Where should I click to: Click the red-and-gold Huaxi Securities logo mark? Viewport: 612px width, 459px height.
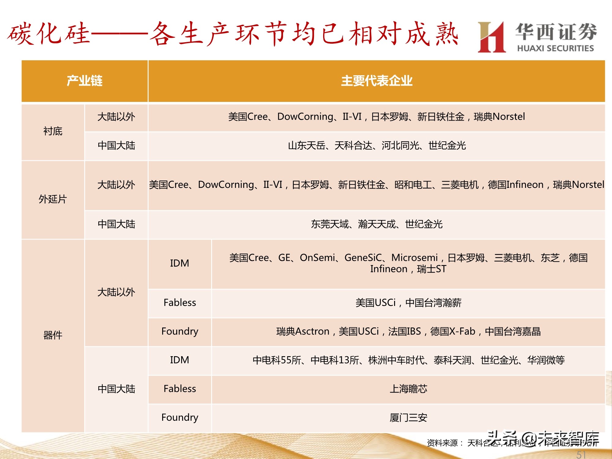(491, 37)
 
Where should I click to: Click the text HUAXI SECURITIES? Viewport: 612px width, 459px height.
(555, 48)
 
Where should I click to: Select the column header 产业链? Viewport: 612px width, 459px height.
(84, 81)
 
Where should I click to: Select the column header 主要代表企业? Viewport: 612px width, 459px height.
(377, 81)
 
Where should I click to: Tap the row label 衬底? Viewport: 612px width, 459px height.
(53, 131)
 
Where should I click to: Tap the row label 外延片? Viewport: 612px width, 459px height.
(53, 199)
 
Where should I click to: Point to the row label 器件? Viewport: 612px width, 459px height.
(53, 335)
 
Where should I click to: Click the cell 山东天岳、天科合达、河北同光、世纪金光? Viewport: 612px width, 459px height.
(377, 146)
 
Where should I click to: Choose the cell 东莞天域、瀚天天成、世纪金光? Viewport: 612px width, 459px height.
(377, 224)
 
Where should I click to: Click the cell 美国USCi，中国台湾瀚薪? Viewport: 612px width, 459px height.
(408, 303)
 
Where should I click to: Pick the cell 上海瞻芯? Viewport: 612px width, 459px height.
(408, 389)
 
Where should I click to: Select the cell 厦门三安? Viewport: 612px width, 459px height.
(408, 418)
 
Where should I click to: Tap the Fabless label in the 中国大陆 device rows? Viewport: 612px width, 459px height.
(180, 389)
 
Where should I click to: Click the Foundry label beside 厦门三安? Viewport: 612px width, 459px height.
(180, 418)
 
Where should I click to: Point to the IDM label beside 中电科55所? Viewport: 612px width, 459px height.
(180, 360)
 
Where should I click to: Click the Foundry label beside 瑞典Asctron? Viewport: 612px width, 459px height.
(180, 331)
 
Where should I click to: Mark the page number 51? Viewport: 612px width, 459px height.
(581, 455)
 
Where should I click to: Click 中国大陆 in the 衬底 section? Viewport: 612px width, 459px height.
(116, 146)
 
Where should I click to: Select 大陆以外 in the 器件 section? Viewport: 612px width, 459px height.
(116, 292)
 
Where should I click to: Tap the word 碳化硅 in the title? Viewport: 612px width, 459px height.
(49, 34)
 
